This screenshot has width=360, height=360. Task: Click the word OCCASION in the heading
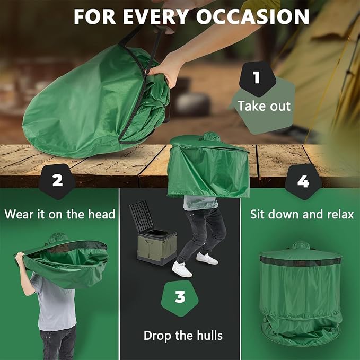pyautogui.click(x=252, y=16)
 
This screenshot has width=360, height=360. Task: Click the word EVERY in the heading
pyautogui.click(x=155, y=16)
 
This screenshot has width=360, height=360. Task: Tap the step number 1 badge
pyautogui.click(x=257, y=78)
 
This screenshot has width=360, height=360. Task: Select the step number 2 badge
pyautogui.click(x=57, y=181)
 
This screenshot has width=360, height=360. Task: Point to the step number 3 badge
pyautogui.click(x=180, y=298)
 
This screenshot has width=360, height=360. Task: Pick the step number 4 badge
pyautogui.click(x=303, y=182)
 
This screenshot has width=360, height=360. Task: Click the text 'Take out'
pyautogui.click(x=264, y=106)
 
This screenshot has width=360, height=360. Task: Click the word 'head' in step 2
pyautogui.click(x=101, y=214)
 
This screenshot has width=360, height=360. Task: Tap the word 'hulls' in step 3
pyautogui.click(x=209, y=336)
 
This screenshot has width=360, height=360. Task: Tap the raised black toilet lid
pyautogui.click(x=141, y=215)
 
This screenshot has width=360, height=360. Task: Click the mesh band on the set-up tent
pyautogui.click(x=301, y=261)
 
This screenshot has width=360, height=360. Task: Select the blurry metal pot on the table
pyautogui.click(x=192, y=104)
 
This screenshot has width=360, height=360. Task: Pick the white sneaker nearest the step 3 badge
pyautogui.click(x=182, y=269)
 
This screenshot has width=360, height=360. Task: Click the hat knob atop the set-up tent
pyautogui.click(x=301, y=245)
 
